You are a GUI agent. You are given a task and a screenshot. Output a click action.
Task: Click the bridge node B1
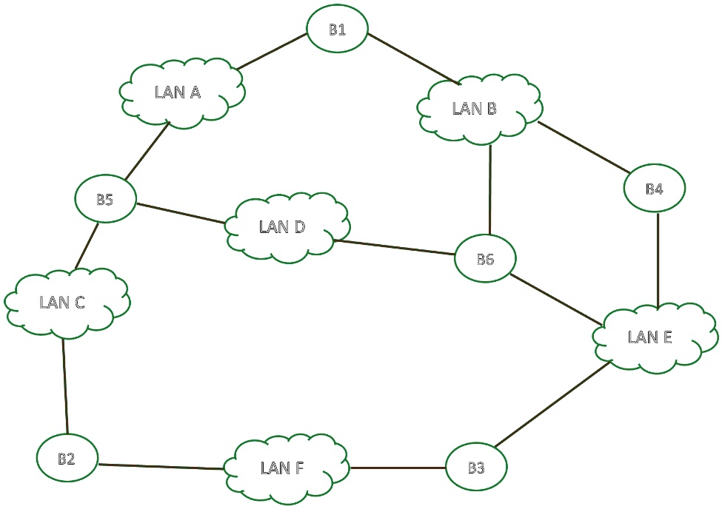coord(338,29)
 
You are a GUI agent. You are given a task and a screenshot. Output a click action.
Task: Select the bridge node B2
coord(67,459)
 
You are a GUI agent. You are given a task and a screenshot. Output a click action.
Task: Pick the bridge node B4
coord(655,189)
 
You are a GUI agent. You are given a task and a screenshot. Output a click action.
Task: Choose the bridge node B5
coord(105,199)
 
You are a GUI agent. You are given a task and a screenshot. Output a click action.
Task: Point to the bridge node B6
coord(485,259)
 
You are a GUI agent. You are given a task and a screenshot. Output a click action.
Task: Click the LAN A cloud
coord(180,92)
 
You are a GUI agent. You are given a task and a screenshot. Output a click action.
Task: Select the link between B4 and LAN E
coord(658,259)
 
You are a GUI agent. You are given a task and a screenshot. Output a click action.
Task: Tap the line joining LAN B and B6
coord(489,189)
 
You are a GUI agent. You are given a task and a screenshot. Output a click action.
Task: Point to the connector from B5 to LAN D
coord(181,212)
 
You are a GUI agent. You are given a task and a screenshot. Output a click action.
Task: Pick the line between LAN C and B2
coord(65,385)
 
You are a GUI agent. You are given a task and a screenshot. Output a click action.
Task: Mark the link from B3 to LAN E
coord(552,404)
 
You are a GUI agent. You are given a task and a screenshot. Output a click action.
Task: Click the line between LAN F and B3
coord(398,468)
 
